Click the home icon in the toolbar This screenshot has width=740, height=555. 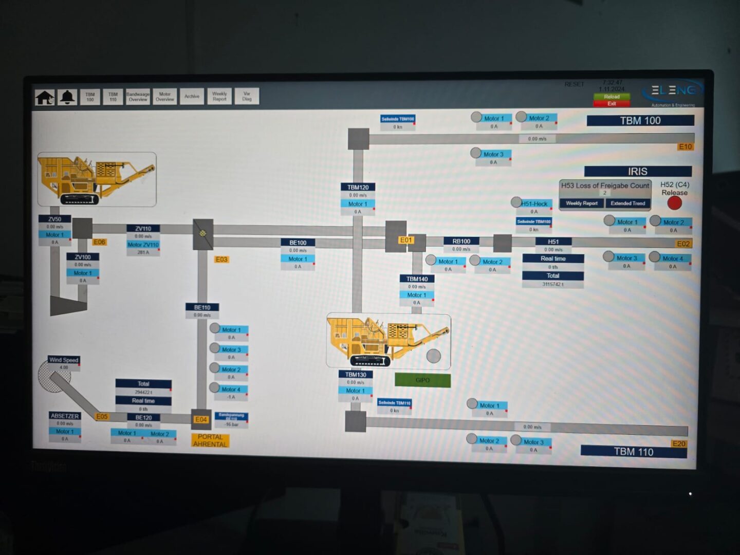[45, 97]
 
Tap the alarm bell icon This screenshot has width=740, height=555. [67, 97]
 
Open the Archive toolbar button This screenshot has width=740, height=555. [192, 97]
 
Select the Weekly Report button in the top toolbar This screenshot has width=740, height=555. [219, 97]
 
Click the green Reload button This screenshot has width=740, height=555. [612, 97]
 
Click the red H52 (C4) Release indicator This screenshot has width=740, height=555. [674, 203]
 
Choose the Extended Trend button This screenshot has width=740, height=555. [627, 203]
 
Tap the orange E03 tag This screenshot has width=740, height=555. [221, 260]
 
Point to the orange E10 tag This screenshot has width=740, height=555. [686, 147]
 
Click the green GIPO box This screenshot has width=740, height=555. [422, 380]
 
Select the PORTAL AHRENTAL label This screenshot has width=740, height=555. [210, 440]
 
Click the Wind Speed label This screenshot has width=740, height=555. [64, 360]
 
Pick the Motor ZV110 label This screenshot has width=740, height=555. [143, 245]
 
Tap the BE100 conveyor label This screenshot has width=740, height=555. [298, 243]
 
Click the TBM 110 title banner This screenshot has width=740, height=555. [633, 452]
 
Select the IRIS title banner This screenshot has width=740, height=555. [637, 172]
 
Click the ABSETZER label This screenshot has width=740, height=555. [65, 416]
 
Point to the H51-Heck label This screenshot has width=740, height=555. [534, 204]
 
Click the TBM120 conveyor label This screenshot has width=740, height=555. [358, 187]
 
